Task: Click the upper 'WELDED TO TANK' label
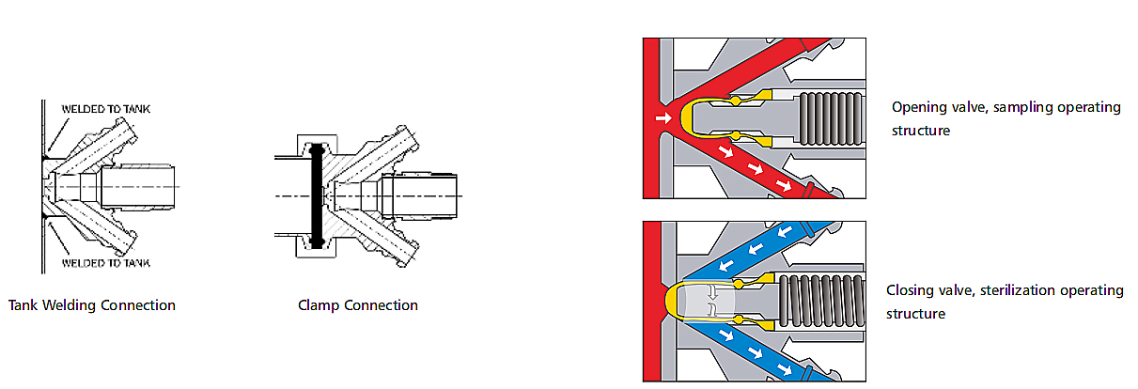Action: coord(104,109)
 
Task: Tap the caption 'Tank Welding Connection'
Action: coord(92,305)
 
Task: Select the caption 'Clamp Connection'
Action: coord(358,305)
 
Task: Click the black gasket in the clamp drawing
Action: coord(317,194)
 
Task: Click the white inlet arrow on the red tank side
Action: coord(663,118)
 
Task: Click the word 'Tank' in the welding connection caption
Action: coord(23,305)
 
